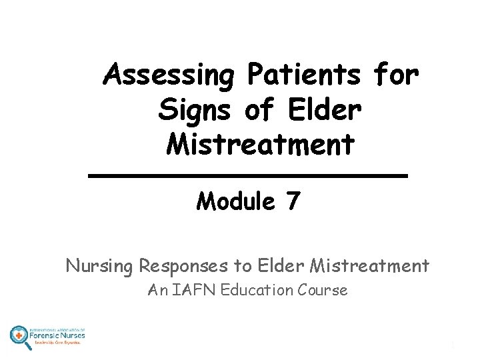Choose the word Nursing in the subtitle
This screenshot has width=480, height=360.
point(100,267)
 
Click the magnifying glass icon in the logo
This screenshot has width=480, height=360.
point(19,336)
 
